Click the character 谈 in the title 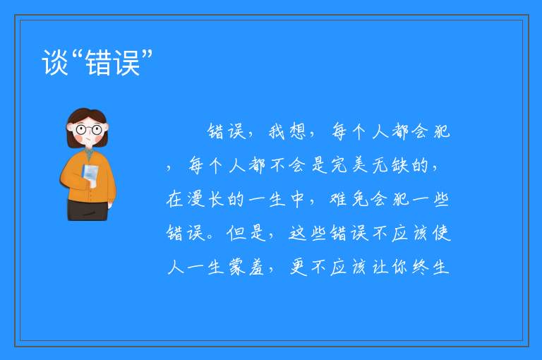click(x=54, y=62)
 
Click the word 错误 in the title click(x=113, y=62)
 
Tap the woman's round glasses click(x=89, y=130)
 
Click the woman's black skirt click(x=88, y=210)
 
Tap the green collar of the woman click(x=89, y=153)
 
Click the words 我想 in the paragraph click(x=288, y=131)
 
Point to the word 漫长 click(x=196, y=199)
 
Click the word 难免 click(x=349, y=199)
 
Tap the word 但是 click(x=246, y=233)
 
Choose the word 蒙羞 click(x=246, y=267)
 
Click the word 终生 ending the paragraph click(x=430, y=267)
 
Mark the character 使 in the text click(x=441, y=233)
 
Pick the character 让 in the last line click(x=380, y=267)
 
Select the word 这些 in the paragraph click(x=308, y=233)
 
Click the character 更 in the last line click(x=299, y=267)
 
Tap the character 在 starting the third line click(x=174, y=199)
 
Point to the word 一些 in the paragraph click(x=430, y=199)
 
